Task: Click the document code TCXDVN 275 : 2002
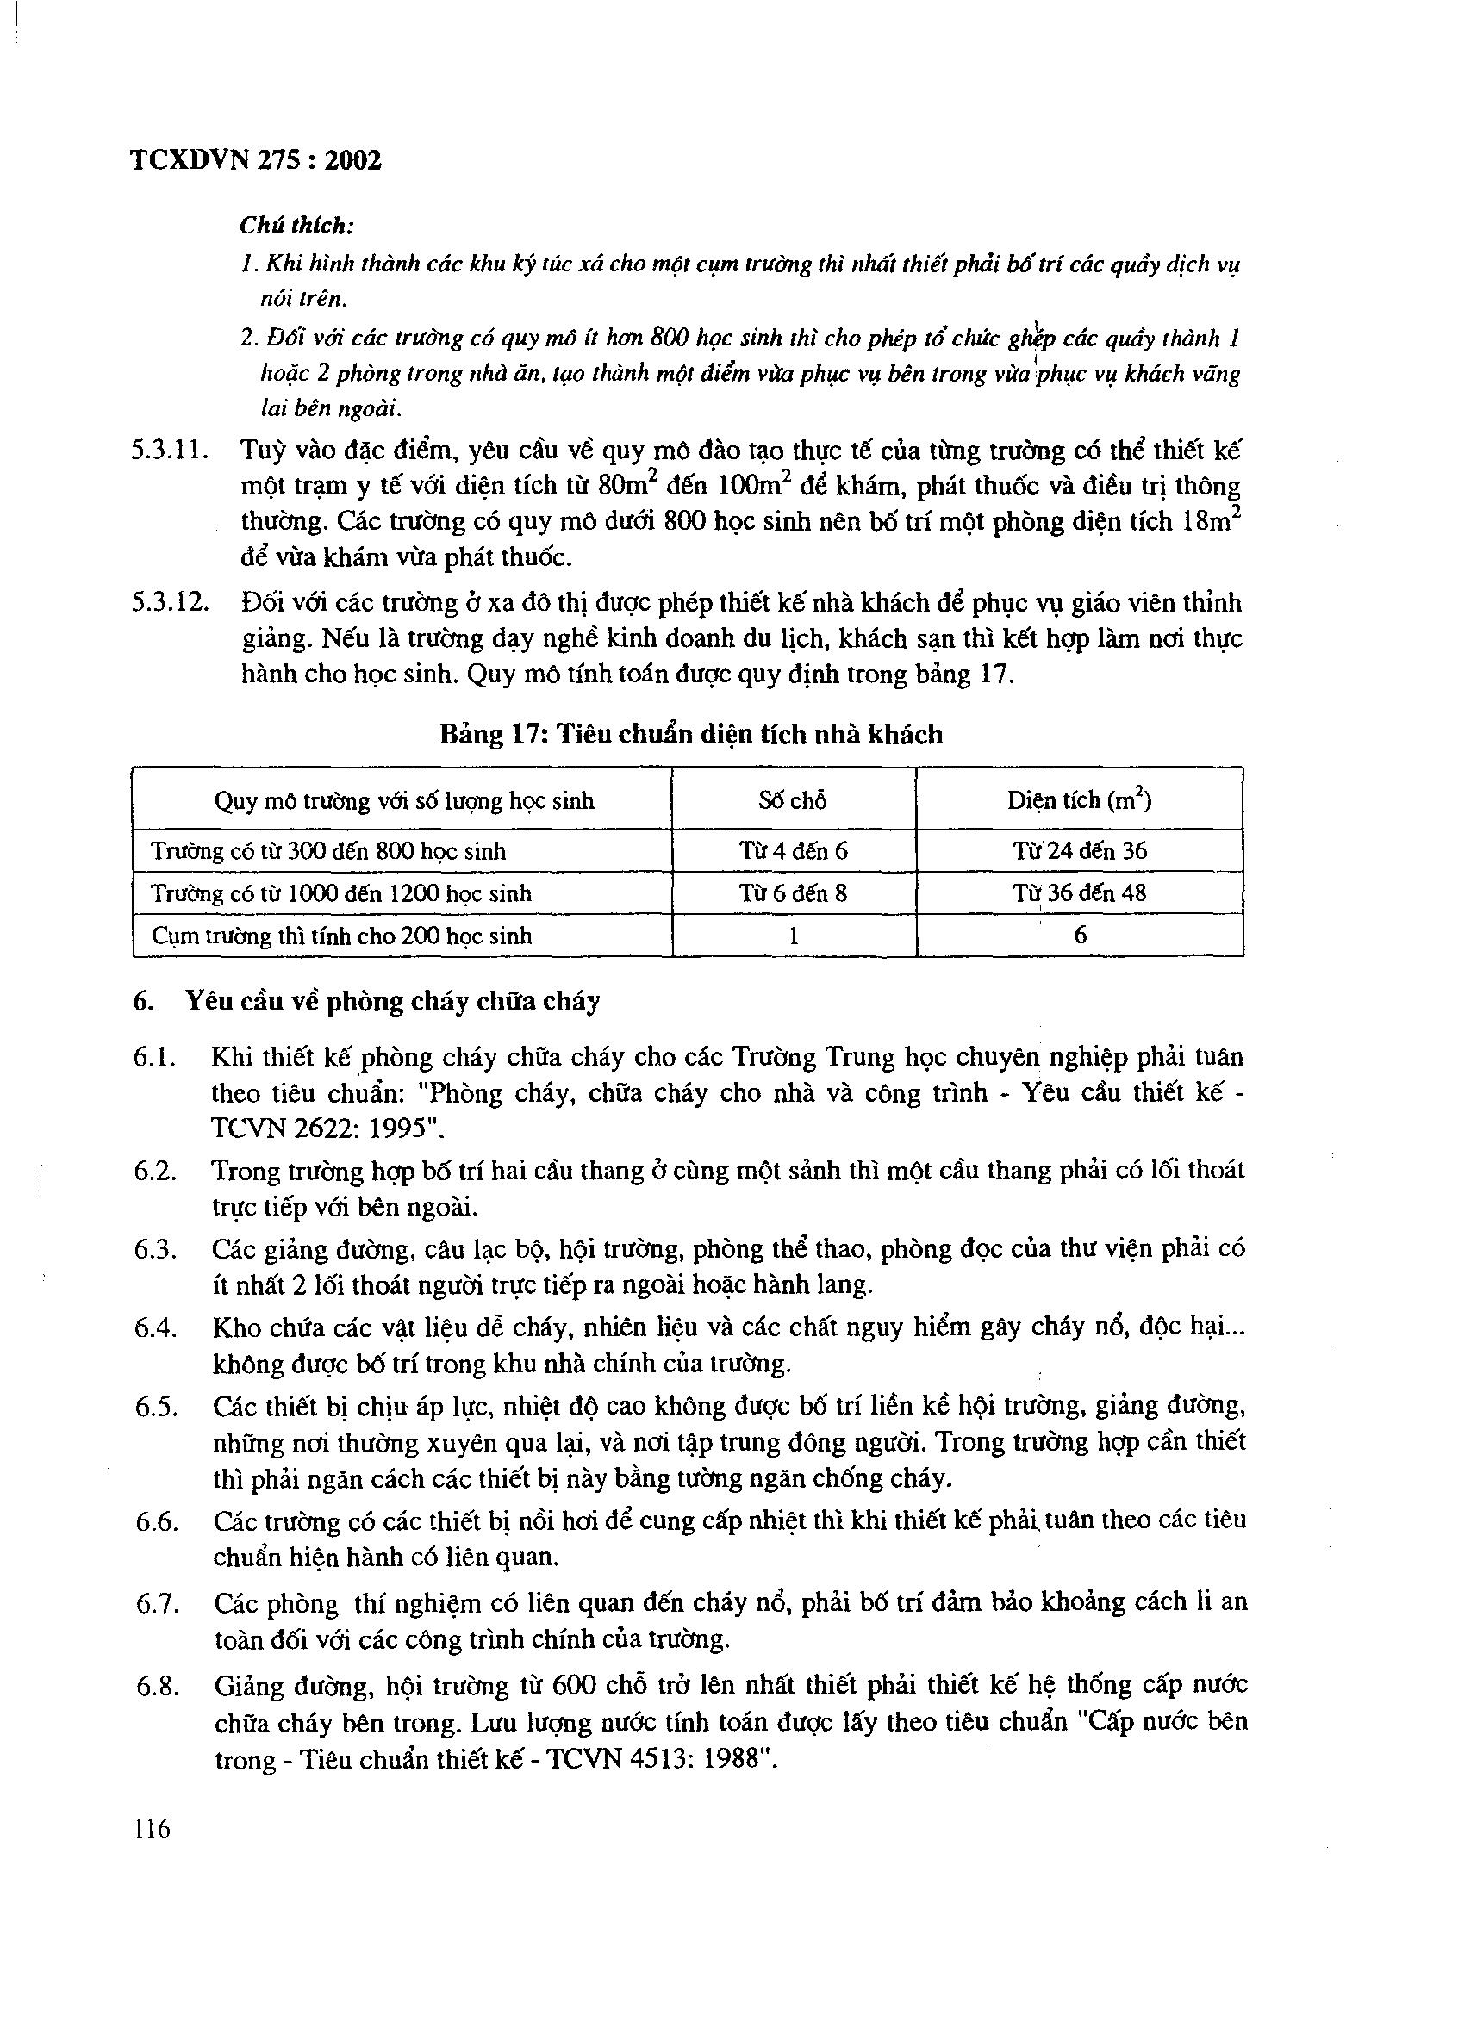pos(257,161)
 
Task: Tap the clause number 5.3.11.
pos(170,451)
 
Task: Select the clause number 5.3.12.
pos(170,603)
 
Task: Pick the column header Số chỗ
pos(793,801)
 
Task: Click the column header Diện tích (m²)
pos(1079,800)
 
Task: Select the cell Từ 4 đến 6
pos(793,851)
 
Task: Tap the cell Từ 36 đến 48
pos(1079,892)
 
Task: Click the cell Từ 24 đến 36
pos(1079,851)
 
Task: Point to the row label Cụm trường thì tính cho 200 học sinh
pos(341,936)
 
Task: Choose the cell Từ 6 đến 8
pos(793,892)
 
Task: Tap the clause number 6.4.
pos(156,1328)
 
